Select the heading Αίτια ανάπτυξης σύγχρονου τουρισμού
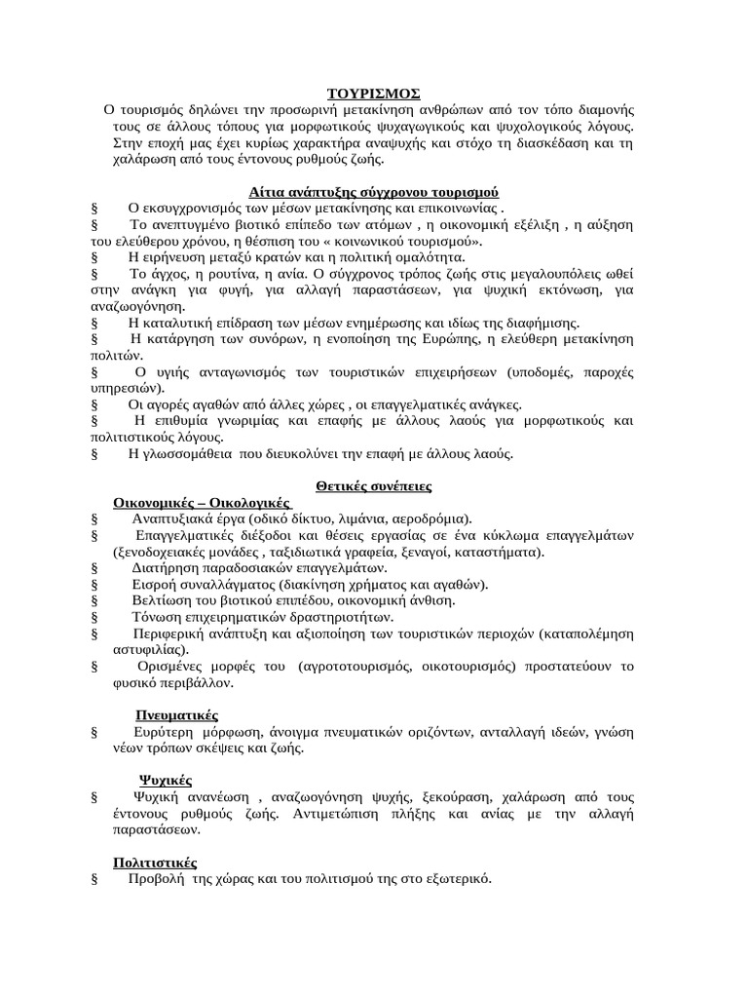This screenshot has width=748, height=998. [373, 192]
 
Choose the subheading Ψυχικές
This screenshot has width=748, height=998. [164, 780]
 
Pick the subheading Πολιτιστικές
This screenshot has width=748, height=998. [156, 863]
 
